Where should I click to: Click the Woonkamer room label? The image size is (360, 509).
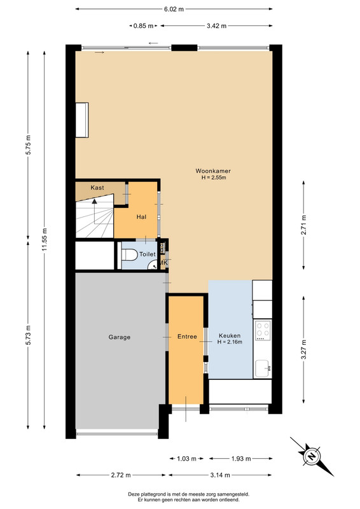213,171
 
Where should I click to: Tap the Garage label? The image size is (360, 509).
120,337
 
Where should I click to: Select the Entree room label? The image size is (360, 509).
187,337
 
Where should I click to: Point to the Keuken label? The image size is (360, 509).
230,336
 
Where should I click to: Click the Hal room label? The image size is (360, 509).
141,217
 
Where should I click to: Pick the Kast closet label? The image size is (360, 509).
97,188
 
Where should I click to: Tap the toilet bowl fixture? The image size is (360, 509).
129,254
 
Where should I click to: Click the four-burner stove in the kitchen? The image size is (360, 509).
263,330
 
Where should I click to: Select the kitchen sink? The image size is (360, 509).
263,368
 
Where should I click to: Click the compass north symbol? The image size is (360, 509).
311,456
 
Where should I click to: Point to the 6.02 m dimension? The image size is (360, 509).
174,9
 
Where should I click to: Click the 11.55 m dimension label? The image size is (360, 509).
45,239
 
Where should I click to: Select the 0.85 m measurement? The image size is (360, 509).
143,25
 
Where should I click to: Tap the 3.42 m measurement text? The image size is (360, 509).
216,25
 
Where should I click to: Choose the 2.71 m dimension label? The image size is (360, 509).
303,225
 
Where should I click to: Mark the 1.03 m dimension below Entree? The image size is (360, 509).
186,459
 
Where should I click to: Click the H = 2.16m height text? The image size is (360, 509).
230,342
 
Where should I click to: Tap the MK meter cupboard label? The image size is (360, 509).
163,263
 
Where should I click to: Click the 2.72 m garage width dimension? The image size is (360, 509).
121,475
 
